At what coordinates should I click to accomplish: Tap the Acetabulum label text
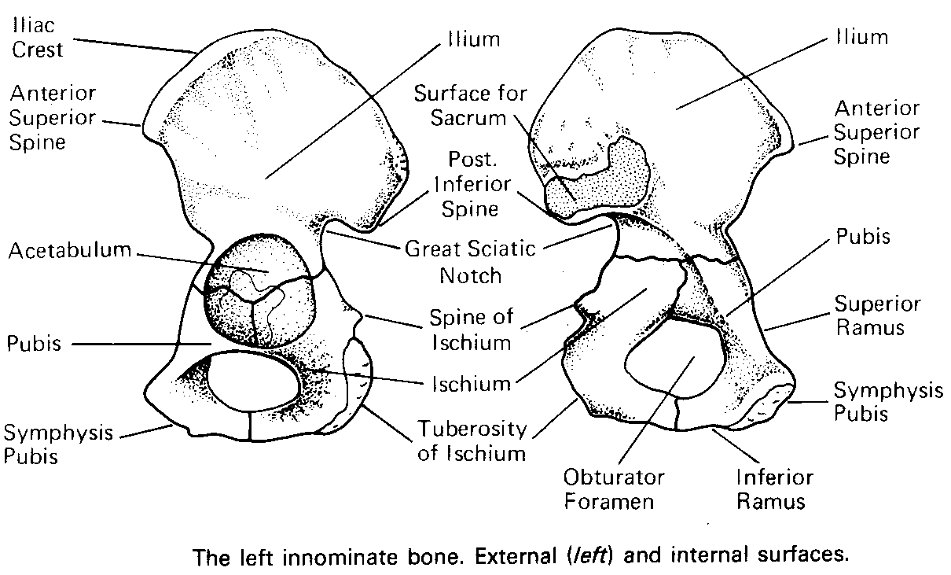point(69,252)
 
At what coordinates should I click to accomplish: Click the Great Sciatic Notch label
point(469,262)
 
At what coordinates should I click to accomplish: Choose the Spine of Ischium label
point(470,330)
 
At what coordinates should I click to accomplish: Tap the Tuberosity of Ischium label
point(471,440)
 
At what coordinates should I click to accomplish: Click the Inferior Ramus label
point(773,488)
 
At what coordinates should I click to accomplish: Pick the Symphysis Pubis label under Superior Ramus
point(887,401)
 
